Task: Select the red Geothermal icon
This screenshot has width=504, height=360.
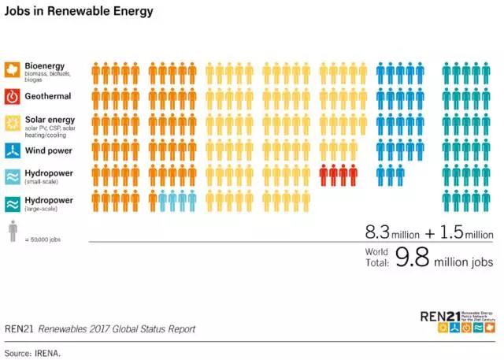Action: click(x=13, y=97)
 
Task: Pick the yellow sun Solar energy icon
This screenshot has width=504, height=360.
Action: click(x=13, y=123)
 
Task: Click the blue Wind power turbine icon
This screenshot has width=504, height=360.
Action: click(x=13, y=150)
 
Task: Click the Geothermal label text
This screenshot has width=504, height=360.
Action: click(x=49, y=96)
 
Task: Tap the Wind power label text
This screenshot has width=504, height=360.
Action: click(x=49, y=150)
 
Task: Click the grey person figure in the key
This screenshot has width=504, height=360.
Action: click(x=13, y=230)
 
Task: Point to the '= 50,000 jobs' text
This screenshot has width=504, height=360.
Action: click(x=43, y=239)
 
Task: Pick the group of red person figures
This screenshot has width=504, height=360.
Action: click(x=338, y=176)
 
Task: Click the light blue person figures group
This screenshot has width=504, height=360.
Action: click(x=177, y=201)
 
